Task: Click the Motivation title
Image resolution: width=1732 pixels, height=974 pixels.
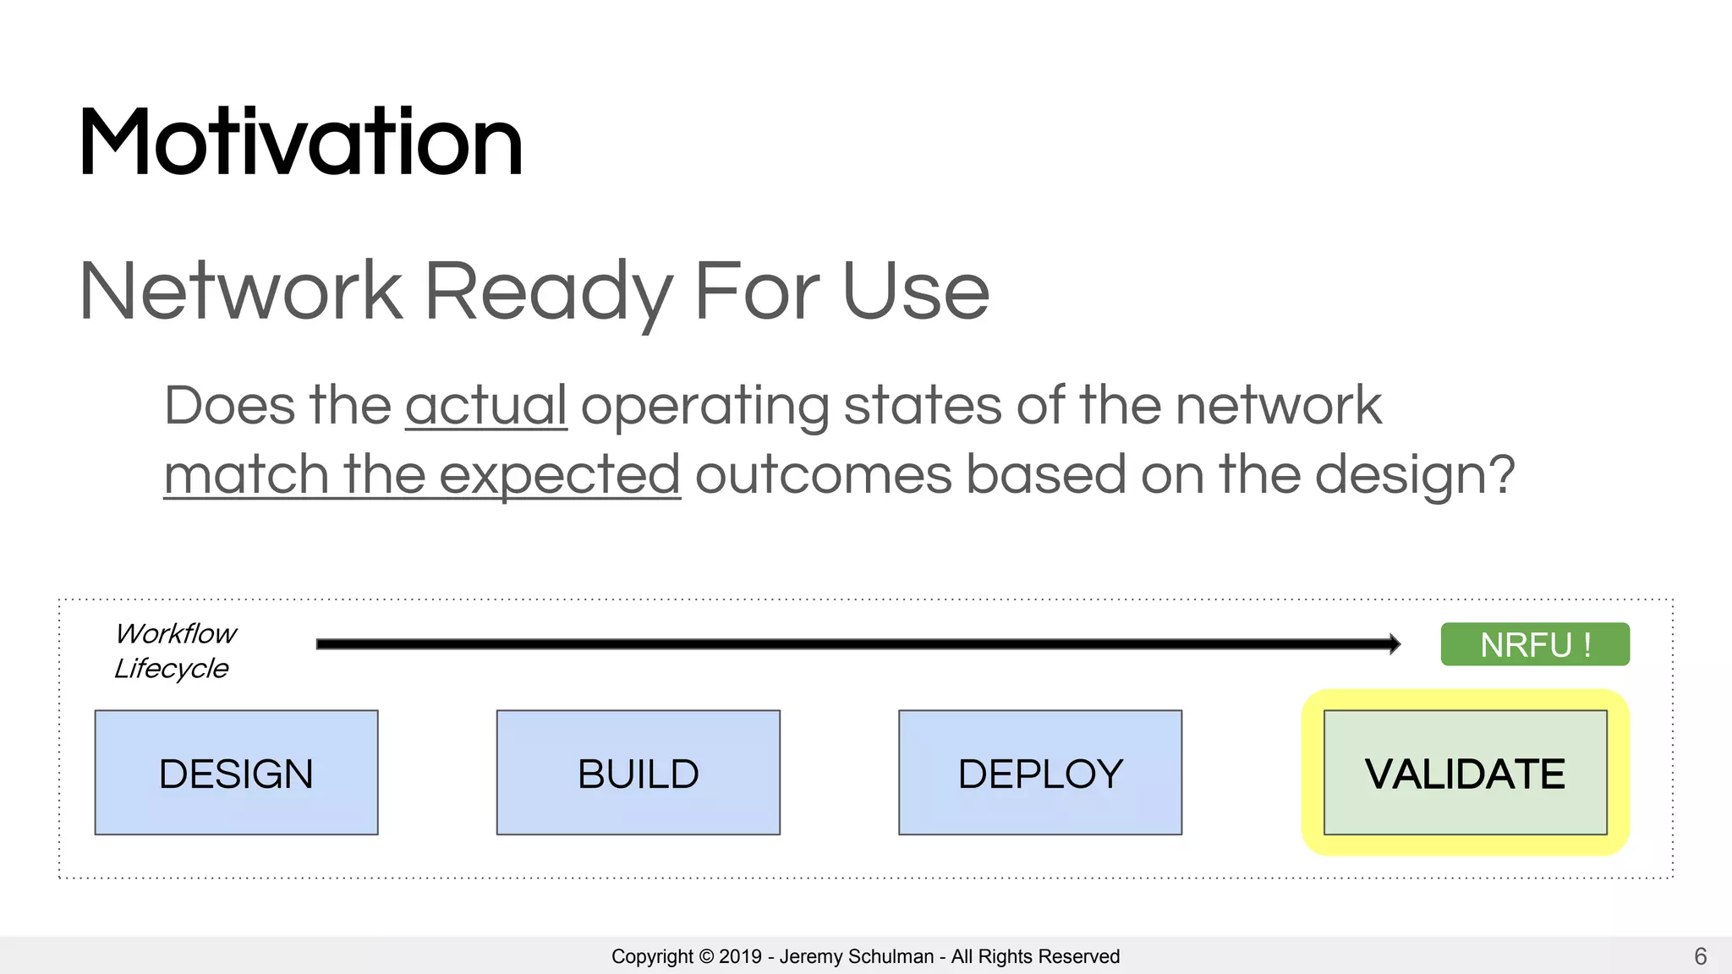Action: coord(300,142)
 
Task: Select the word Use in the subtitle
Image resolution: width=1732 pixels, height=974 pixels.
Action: coord(915,291)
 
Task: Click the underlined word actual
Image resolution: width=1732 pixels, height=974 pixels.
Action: coord(485,406)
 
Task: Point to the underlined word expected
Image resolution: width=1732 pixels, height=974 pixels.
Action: coord(559,475)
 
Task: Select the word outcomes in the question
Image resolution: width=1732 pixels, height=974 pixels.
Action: coord(822,475)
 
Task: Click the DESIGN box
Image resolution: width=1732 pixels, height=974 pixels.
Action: coord(236,773)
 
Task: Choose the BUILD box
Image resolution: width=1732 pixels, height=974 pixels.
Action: coord(638,773)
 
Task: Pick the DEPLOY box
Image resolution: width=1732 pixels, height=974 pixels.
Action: coord(1039,773)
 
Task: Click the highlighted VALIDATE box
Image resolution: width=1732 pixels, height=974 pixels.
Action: coord(1465,773)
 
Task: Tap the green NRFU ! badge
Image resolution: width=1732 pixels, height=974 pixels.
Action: coord(1534,644)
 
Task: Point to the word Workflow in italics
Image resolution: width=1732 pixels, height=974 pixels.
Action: coord(176,633)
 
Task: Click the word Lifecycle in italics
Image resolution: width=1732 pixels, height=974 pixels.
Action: coord(171,668)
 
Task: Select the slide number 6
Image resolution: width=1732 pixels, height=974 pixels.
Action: coord(1700,956)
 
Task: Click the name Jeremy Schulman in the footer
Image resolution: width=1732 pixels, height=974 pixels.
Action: coord(856,956)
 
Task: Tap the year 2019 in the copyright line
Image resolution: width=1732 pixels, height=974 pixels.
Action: coord(740,956)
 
